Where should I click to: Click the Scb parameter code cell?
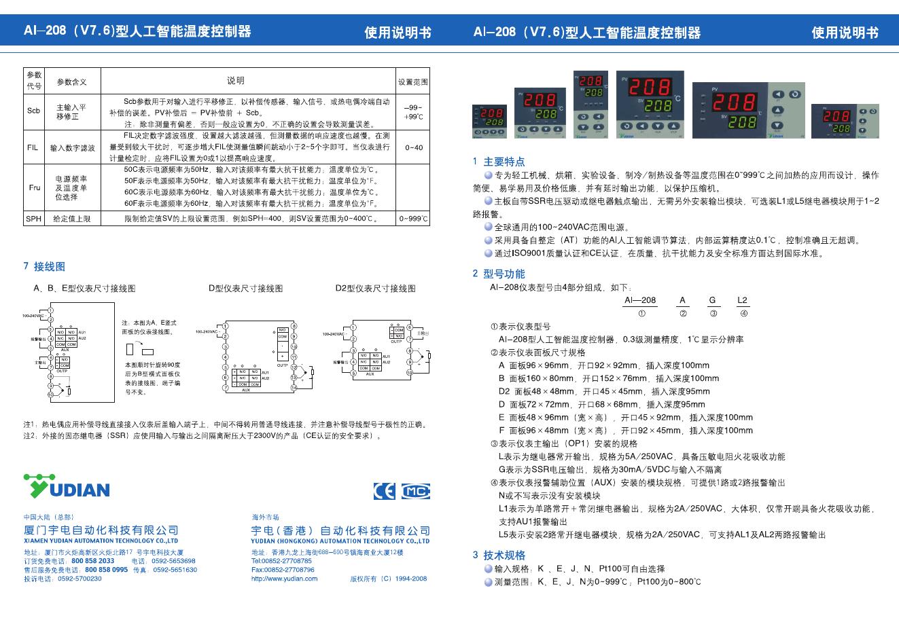tap(33, 111)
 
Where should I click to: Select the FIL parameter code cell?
tap(33, 147)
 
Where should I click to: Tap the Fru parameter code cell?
tap(34, 187)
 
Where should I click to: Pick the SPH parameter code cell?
tap(33, 219)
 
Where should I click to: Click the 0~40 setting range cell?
tap(413, 147)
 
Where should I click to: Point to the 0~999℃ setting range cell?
tap(413, 219)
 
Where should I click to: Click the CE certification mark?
tap(384, 490)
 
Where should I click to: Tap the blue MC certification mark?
tap(415, 490)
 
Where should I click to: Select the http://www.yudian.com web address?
tap(284, 579)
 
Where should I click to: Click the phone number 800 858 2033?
tap(92, 561)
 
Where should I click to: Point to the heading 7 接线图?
tap(45, 267)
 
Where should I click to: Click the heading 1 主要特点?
tap(499, 162)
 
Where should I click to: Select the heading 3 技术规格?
tap(499, 555)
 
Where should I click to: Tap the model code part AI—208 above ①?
tap(640, 300)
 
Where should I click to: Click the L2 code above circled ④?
tap(742, 300)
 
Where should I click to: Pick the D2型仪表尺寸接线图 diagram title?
tap(375, 289)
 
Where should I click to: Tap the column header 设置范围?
tap(413, 81)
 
